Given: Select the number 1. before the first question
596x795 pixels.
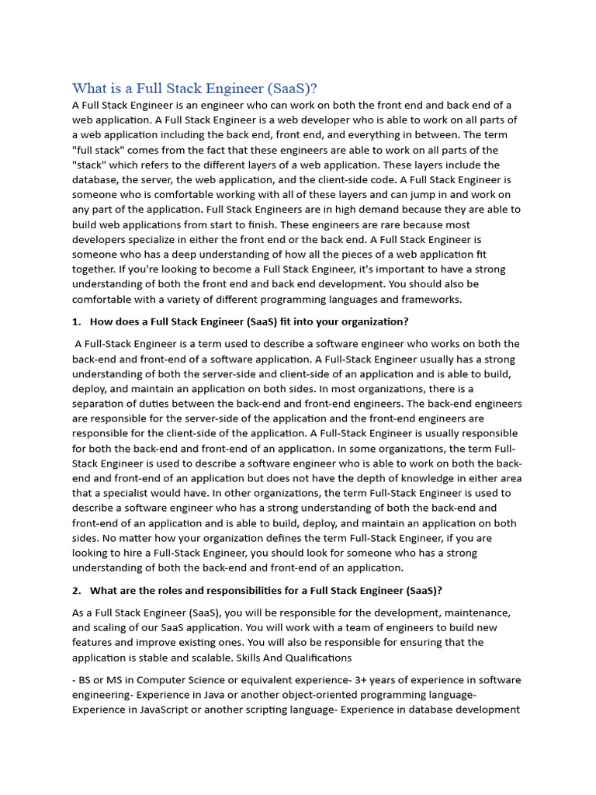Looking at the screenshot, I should [76, 321].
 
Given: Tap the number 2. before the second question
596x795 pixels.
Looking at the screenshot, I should [76, 591].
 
